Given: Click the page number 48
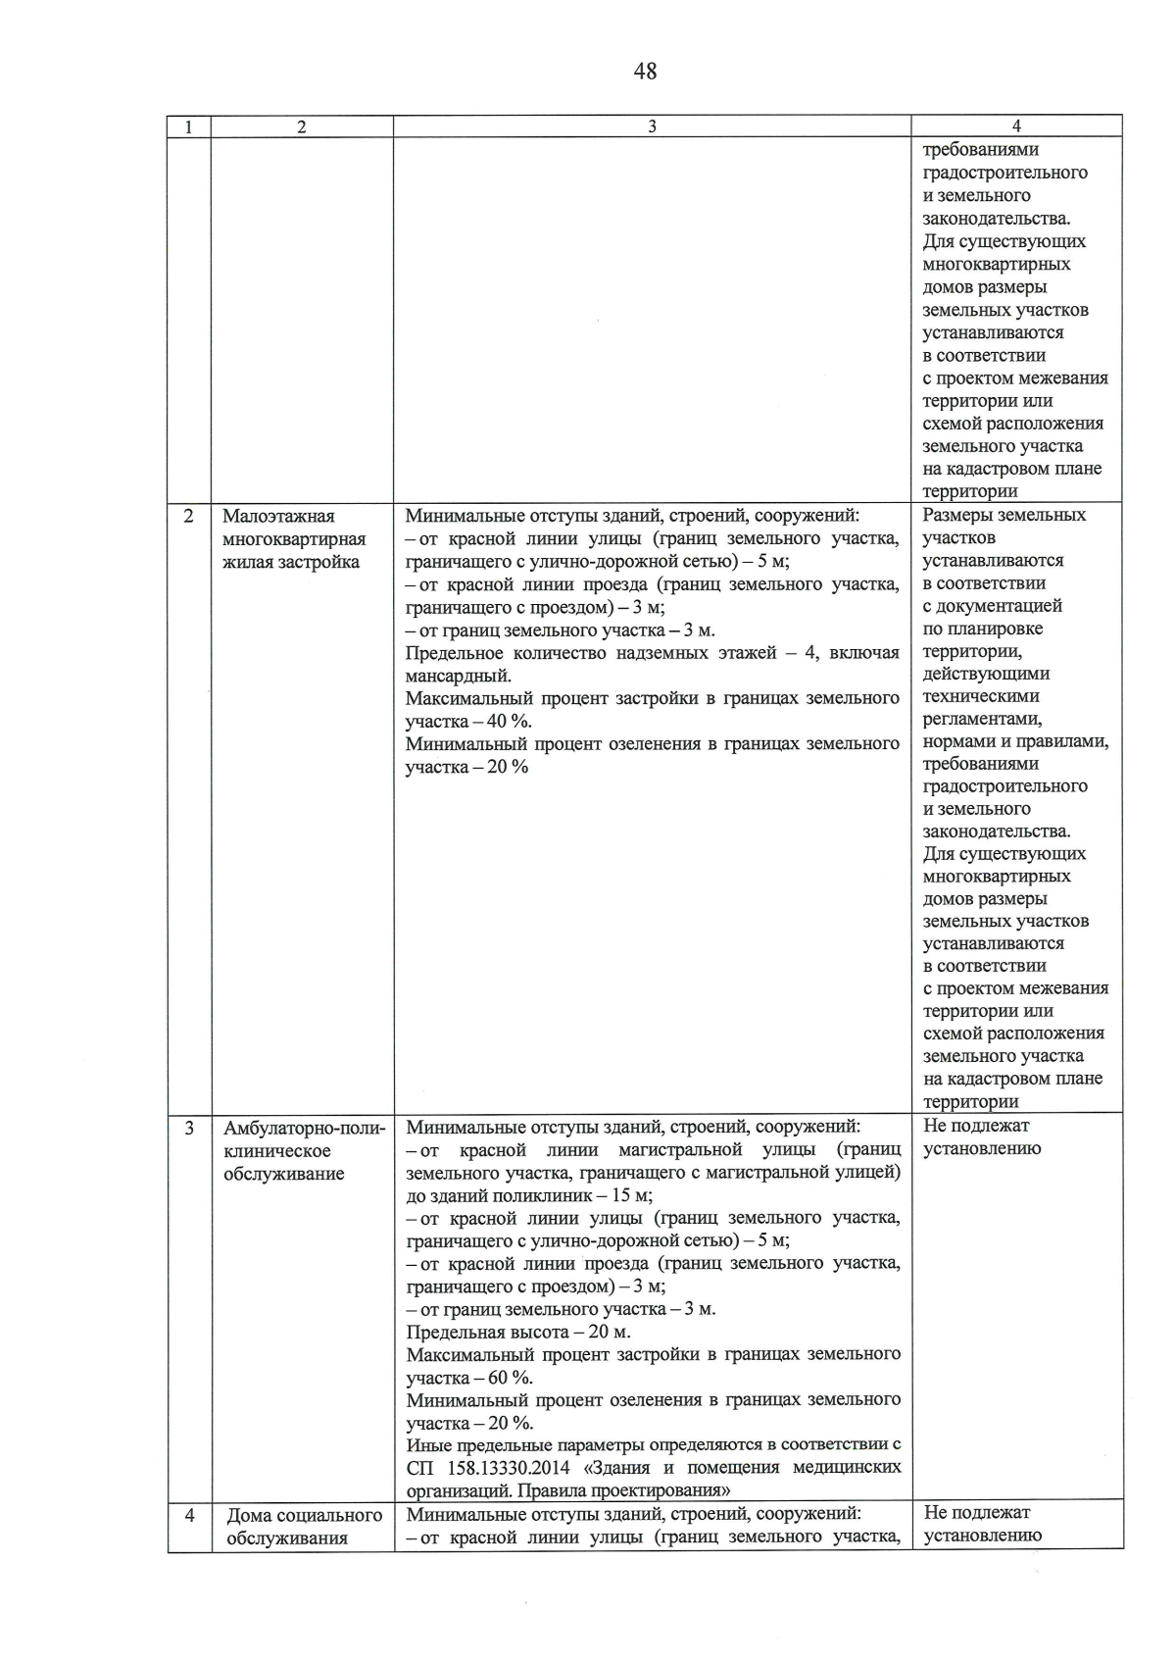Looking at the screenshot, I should pyautogui.click(x=645, y=71).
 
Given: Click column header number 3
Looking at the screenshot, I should pyautogui.click(x=652, y=126).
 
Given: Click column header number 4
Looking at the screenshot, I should pyautogui.click(x=1016, y=126).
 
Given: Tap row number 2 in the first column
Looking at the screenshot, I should pyautogui.click(x=188, y=516).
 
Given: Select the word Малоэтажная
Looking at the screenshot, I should pyautogui.click(x=278, y=517).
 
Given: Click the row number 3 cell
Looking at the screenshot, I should pyautogui.click(x=188, y=1129).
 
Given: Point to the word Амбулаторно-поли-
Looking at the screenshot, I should pyautogui.click(x=305, y=1129).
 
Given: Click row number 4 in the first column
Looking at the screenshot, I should pyautogui.click(x=189, y=1515).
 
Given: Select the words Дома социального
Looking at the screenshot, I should pyautogui.click(x=304, y=1516).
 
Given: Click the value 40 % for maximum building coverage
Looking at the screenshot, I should pyautogui.click(x=509, y=722).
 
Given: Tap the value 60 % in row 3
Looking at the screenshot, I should pyautogui.click(x=509, y=1378).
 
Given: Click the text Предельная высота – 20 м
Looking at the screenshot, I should pyautogui.click(x=518, y=1333).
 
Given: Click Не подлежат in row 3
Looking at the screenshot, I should pyautogui.click(x=975, y=1127).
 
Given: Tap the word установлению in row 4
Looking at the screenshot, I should pyautogui.click(x=981, y=1537).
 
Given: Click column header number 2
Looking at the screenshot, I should pyautogui.click(x=301, y=126).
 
